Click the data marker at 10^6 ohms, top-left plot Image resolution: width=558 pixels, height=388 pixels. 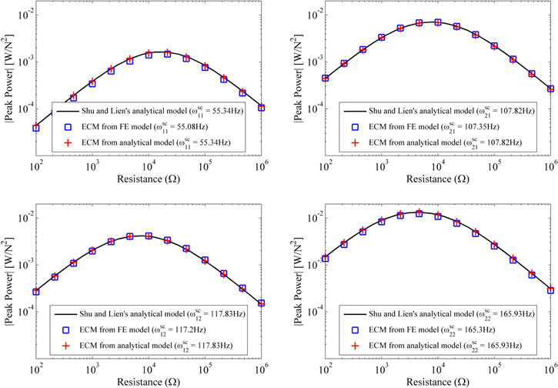(262, 108)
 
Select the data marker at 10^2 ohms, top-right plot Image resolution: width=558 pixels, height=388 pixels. (326, 78)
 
